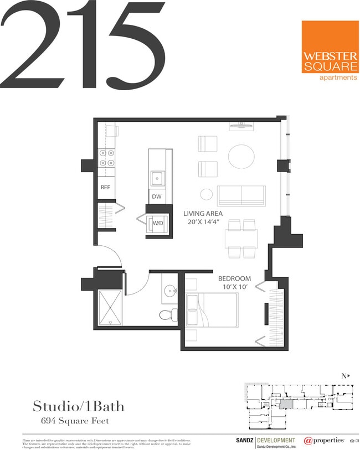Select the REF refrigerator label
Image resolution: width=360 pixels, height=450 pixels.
pyautogui.click(x=105, y=187)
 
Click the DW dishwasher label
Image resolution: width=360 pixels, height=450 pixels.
pyautogui.click(x=156, y=196)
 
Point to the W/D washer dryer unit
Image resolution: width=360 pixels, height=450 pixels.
pyautogui.click(x=157, y=223)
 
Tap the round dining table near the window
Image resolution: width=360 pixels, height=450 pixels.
pyautogui.click(x=241, y=156)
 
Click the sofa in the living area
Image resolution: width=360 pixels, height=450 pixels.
pyautogui.click(x=241, y=196)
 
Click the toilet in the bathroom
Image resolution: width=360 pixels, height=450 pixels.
pyautogui.click(x=167, y=315)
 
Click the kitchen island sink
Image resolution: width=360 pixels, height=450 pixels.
pyautogui.click(x=157, y=178)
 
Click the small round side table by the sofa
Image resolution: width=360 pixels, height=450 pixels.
pyautogui.click(x=207, y=194)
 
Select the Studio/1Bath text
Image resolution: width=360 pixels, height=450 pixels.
pyautogui.click(x=78, y=407)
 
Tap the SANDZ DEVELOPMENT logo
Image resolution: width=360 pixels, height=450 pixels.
pyautogui.click(x=263, y=441)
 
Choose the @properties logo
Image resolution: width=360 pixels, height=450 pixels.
pyautogui.click(x=324, y=441)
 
